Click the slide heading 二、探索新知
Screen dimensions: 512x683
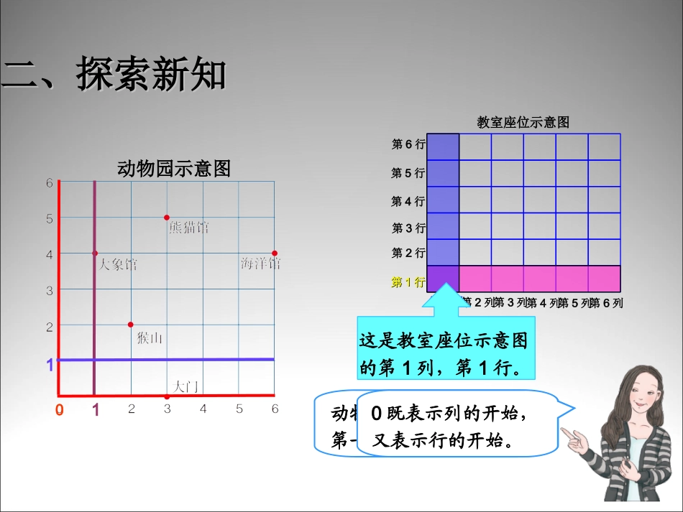click(115, 75)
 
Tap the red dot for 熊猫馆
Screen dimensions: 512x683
click(167, 218)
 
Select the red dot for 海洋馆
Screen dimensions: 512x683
click(275, 253)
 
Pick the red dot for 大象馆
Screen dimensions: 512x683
click(95, 253)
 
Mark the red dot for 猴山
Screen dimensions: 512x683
click(131, 325)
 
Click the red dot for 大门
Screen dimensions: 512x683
click(167, 396)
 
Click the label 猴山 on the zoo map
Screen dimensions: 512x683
click(150, 338)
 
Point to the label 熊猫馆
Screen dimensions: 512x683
click(188, 228)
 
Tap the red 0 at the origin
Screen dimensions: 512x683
click(59, 410)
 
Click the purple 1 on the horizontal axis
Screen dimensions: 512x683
click(95, 410)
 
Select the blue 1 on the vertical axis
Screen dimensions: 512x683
click(50, 366)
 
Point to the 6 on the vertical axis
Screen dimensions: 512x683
click(50, 183)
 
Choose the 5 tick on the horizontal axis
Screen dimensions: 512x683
click(239, 409)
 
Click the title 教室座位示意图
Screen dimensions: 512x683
click(523, 123)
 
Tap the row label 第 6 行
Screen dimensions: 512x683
click(408, 145)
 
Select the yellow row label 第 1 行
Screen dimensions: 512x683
click(408, 282)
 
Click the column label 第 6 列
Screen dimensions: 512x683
click(606, 303)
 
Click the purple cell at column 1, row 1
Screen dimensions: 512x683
click(443, 279)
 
